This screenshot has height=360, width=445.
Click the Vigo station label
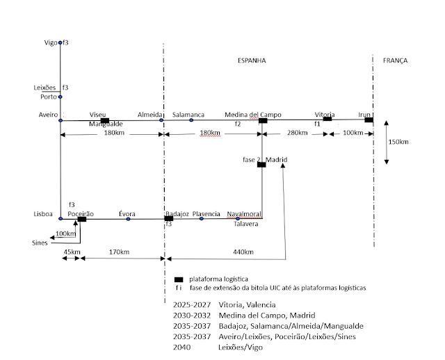click(50, 43)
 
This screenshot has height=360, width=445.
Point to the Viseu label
click(99, 114)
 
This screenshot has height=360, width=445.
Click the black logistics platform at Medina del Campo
click(264, 121)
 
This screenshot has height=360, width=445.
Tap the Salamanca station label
click(188, 114)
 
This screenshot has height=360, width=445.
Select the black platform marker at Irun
click(369, 120)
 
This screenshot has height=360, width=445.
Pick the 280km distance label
click(296, 131)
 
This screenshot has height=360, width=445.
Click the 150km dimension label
click(398, 142)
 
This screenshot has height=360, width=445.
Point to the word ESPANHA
click(252, 61)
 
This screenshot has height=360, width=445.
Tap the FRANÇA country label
click(395, 61)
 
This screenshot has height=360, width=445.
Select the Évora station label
click(127, 213)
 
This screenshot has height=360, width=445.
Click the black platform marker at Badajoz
click(169, 219)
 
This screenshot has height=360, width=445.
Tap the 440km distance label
click(243, 252)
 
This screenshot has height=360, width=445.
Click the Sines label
click(40, 243)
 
